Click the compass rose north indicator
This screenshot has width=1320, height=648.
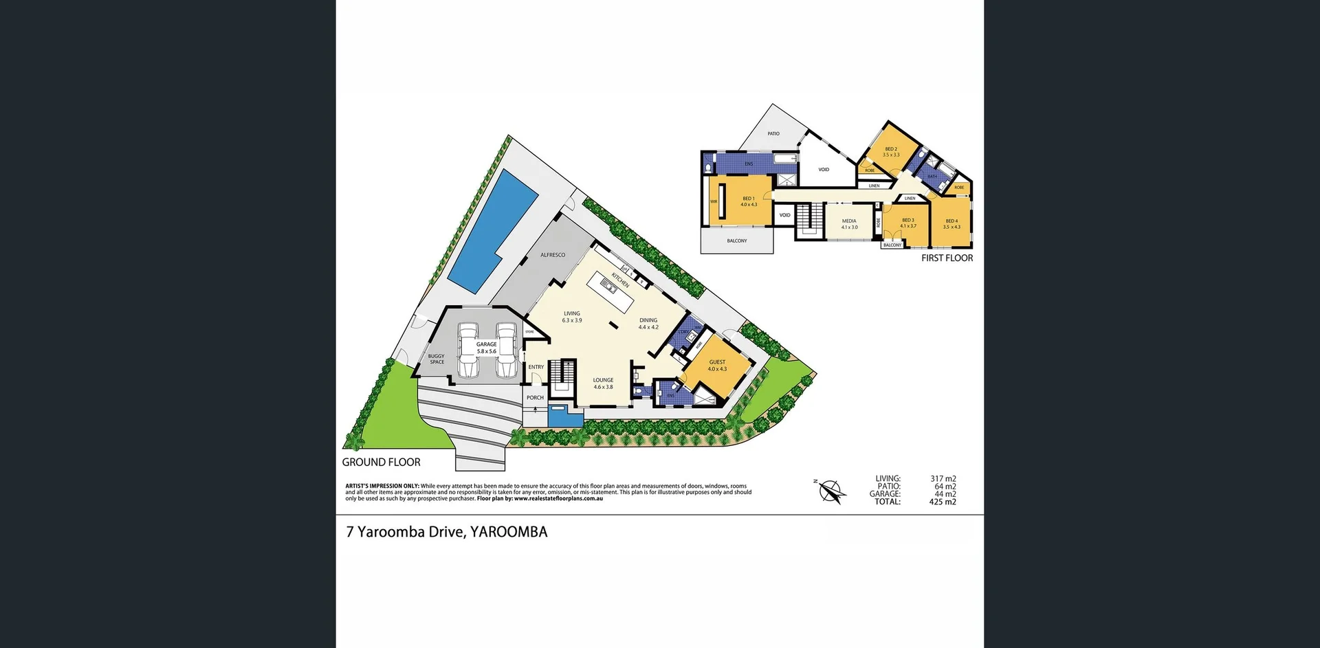pyautogui.click(x=830, y=491)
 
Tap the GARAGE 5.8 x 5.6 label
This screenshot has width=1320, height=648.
pyautogui.click(x=486, y=348)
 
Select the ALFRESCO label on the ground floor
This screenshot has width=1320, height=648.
pyautogui.click(x=553, y=255)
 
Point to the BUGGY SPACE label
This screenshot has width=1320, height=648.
pyautogui.click(x=437, y=359)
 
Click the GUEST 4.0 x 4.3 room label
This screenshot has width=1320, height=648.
pyautogui.click(x=717, y=365)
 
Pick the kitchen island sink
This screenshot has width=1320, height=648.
pyautogui.click(x=609, y=282)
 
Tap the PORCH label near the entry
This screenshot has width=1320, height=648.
pyautogui.click(x=535, y=397)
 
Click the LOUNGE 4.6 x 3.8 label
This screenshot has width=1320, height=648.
pyautogui.click(x=603, y=383)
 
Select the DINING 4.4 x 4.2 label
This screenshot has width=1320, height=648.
pyautogui.click(x=648, y=323)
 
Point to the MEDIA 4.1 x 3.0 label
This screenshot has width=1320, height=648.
pyautogui.click(x=849, y=224)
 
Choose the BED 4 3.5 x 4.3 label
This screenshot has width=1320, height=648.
pyautogui.click(x=951, y=224)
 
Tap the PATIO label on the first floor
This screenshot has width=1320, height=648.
pyautogui.click(x=773, y=133)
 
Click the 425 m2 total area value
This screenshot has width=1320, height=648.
pyautogui.click(x=943, y=502)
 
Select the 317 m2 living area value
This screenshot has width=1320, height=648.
pyautogui.click(x=943, y=478)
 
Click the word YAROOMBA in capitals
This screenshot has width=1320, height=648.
pyautogui.click(x=509, y=532)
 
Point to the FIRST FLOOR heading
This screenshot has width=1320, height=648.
pyautogui.click(x=947, y=258)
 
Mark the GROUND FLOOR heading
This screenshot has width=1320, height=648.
pyautogui.click(x=381, y=462)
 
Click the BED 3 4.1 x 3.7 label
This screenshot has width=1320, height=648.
pyautogui.click(x=908, y=223)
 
